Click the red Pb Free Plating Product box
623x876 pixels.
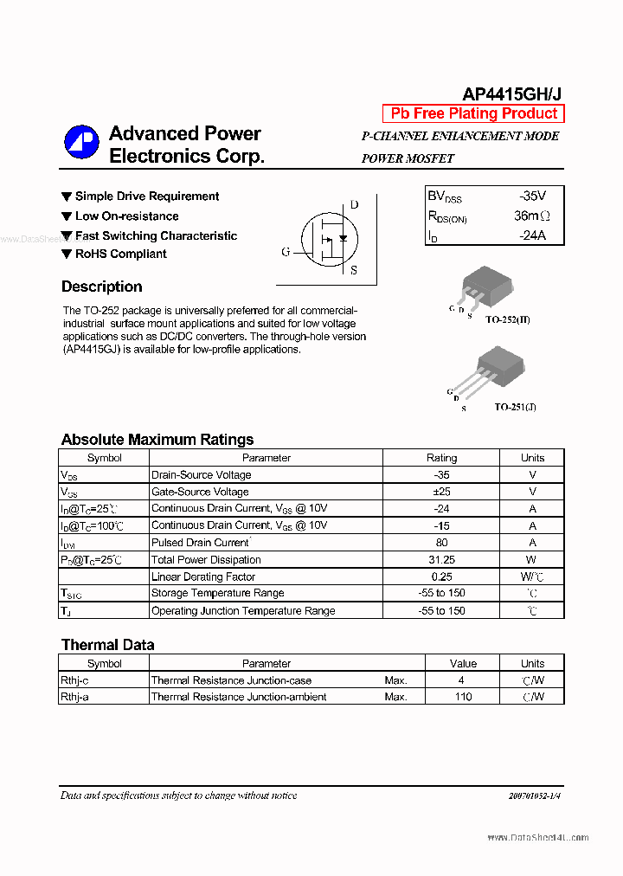point(473,113)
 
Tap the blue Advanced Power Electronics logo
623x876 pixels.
point(81,144)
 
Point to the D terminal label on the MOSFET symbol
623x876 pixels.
point(354,205)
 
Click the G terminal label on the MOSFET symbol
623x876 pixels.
point(286,252)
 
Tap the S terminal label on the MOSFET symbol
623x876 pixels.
point(353,270)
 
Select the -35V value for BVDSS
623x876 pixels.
point(532,196)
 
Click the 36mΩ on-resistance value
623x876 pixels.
point(531,216)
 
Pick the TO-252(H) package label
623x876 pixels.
point(507,319)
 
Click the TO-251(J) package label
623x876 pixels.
point(515,406)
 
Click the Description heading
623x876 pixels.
point(101,287)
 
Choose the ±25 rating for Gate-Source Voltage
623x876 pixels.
point(441,492)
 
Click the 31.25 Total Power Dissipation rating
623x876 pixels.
point(441,559)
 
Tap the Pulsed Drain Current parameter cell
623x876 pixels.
point(201,543)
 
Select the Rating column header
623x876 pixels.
point(441,458)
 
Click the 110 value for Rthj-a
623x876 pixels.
point(463,697)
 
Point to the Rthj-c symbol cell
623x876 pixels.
point(74,680)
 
